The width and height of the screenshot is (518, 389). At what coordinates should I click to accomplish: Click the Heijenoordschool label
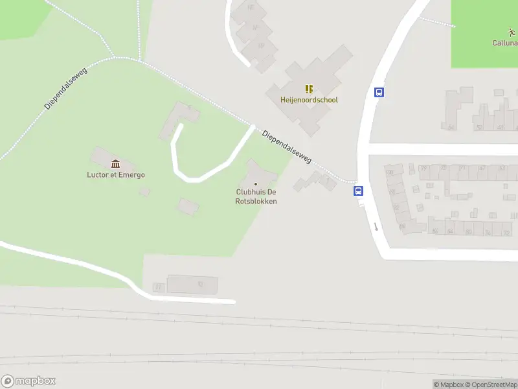pyautogui.click(x=309, y=100)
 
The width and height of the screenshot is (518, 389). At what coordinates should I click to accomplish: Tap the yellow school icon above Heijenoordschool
pyautogui.click(x=309, y=89)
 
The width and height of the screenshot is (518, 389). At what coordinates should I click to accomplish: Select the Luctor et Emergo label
pyautogui.click(x=116, y=174)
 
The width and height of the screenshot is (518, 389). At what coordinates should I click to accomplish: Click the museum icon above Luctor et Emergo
pyautogui.click(x=116, y=163)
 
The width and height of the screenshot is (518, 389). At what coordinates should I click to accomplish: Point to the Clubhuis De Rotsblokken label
pyautogui.click(x=256, y=196)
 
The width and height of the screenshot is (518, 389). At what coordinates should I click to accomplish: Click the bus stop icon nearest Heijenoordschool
pyautogui.click(x=379, y=92)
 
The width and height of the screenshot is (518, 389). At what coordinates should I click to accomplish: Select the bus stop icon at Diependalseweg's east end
pyautogui.click(x=358, y=191)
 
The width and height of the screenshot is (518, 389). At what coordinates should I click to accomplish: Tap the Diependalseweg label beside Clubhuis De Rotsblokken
pyautogui.click(x=287, y=146)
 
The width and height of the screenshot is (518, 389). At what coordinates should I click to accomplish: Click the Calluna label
pyautogui.click(x=505, y=43)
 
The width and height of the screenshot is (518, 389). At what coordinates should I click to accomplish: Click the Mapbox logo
pyautogui.click(x=28, y=381)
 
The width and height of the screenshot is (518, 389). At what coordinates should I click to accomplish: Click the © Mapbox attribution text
pyautogui.click(x=449, y=384)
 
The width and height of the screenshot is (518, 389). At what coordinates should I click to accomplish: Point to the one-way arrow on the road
pyautogui.click(x=375, y=227)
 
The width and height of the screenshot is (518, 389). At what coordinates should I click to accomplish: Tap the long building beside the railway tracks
pyautogui.click(x=192, y=284)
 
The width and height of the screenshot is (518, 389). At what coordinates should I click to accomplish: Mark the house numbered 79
pyautogui.click(x=423, y=169)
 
